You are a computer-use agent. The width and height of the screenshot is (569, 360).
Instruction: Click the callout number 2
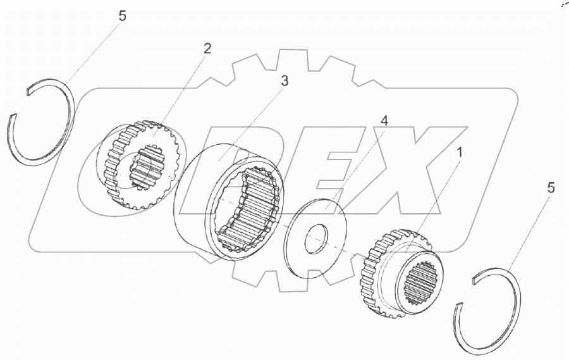207,49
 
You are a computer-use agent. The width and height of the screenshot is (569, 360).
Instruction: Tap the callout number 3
285,81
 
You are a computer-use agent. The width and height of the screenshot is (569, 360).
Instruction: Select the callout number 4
384,121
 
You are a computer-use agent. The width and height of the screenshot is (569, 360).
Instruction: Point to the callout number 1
460,153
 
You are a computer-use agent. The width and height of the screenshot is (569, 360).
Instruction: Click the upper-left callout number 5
122,16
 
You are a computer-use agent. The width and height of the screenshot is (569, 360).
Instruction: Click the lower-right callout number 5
551,188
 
